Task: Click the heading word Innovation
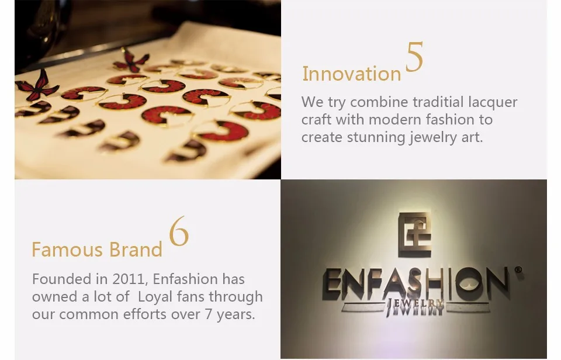pos(352,74)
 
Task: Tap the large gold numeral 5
pos(414,57)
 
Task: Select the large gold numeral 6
pos(179,231)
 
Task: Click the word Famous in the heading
pos(68,250)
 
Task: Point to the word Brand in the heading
pos(136,250)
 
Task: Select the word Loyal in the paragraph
pos(154,297)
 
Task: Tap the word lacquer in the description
pos(493,103)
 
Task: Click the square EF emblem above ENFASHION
pos(415,234)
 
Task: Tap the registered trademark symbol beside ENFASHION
pos(518,269)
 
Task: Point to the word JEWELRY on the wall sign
pos(415,307)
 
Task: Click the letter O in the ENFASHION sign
pos(469,284)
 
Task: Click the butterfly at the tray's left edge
pos(37,86)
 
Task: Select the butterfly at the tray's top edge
pos(131,60)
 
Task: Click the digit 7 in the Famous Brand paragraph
pos(209,314)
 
